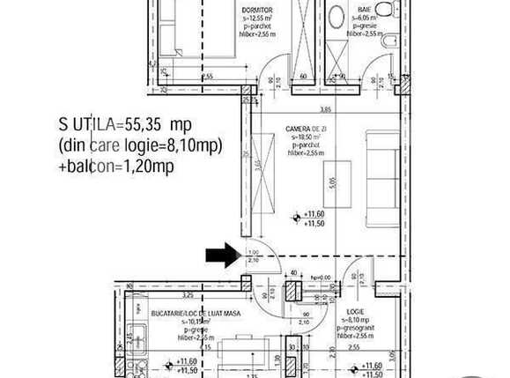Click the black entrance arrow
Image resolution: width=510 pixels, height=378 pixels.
pos(220,256)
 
